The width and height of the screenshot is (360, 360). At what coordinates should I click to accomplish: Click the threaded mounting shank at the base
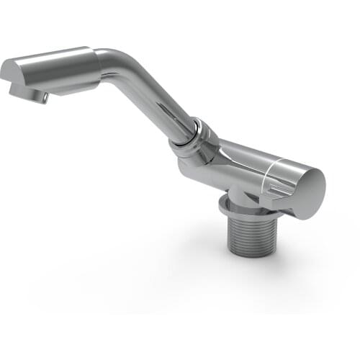[251, 234]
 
